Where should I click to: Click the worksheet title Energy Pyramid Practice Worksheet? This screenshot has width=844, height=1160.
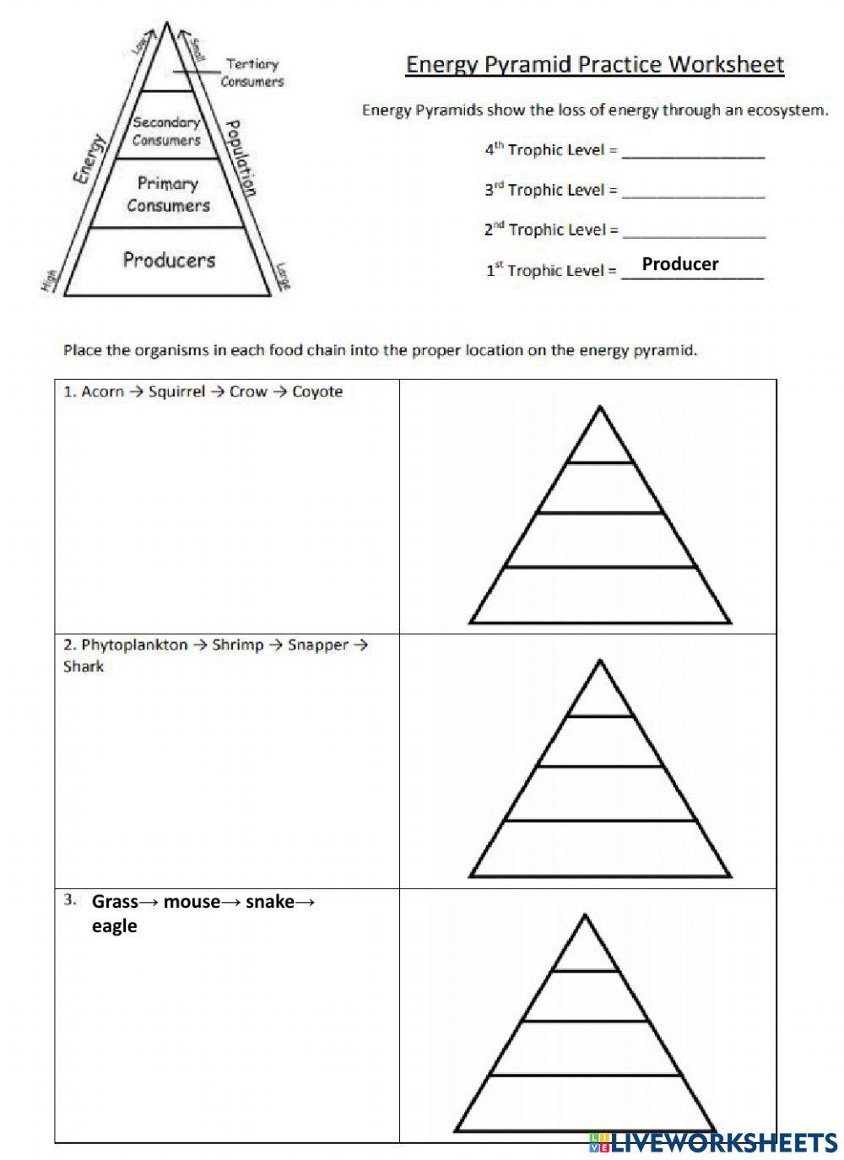pos(595,65)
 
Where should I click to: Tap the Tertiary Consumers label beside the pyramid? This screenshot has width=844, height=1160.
pos(252,73)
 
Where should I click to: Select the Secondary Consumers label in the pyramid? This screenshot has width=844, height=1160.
pos(166,132)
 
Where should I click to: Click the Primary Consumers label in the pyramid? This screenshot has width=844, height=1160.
pos(168,194)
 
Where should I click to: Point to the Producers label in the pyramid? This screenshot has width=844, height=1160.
pos(169,259)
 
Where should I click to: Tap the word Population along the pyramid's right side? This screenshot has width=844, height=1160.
pos(241,157)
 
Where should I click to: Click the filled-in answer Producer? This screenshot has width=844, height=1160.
pos(680,264)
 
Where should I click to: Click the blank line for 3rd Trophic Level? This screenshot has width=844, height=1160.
pos(693,196)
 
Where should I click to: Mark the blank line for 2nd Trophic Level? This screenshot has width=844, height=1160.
pos(693,235)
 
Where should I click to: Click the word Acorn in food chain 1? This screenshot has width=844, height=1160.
pos(103,392)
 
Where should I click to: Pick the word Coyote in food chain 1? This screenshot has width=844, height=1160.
pos(317,392)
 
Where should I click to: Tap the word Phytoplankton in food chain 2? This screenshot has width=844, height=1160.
pos(134,645)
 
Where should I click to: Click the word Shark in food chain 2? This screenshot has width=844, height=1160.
pos(84,666)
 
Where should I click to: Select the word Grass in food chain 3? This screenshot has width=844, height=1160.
pos(115,902)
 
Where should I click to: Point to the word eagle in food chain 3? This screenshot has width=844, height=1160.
pos(115,926)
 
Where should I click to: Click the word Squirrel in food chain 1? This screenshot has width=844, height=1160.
pos(176,392)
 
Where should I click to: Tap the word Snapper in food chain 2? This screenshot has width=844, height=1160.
pos(317,645)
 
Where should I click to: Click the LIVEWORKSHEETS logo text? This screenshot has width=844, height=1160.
pos(722,1142)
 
